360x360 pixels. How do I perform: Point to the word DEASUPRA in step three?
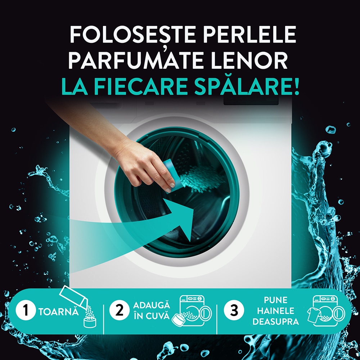pyautogui.click(x=275, y=321)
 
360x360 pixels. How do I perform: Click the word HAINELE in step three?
pyautogui.click(x=275, y=311)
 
